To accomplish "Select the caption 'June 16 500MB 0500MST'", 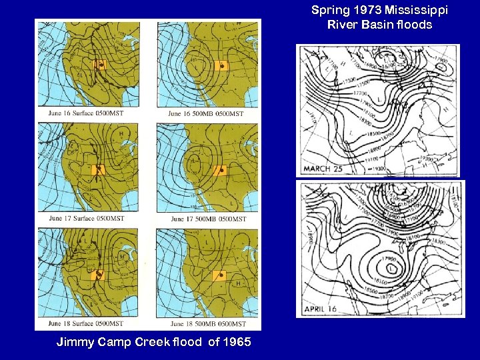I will coord(206,114).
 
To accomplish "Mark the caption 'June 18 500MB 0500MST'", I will coord(207,324).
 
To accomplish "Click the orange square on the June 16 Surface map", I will coord(100,65).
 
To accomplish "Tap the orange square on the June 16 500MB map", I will coord(221,67).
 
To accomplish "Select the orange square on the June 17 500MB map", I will coord(220,170).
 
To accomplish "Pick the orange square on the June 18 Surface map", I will coord(99,273).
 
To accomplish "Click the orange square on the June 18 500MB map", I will coord(220,275).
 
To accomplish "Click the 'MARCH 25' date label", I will coord(323,169).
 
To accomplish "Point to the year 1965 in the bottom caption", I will coord(237,343).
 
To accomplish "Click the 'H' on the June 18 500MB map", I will coord(238,283).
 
